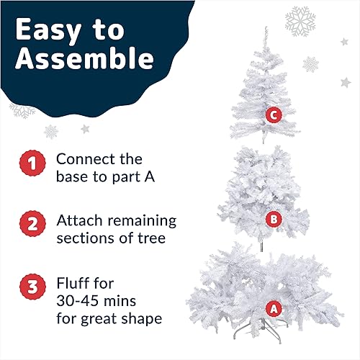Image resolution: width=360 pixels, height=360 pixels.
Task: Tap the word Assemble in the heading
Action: [84, 58]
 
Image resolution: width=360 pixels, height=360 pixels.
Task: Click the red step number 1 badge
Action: [32, 163]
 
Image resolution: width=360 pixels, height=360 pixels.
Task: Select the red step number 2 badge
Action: [32, 224]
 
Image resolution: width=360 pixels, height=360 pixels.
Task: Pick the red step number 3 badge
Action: [32, 287]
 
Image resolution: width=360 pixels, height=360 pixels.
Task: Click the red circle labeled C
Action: [274, 115]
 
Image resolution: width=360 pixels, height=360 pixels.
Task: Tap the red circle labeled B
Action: [274, 219]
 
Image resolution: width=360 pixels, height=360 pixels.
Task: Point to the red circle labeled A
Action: [274, 309]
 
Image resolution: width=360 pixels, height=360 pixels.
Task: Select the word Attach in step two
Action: [79, 220]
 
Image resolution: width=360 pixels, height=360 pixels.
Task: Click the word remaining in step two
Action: [142, 221]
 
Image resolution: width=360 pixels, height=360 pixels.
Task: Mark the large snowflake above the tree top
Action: [300, 22]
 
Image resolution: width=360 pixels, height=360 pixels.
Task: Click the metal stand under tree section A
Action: [261, 330]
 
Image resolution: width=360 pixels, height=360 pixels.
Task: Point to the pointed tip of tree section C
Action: [266, 27]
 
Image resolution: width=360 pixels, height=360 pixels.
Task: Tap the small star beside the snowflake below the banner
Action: [85, 129]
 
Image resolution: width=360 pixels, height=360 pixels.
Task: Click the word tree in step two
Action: [152, 238]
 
